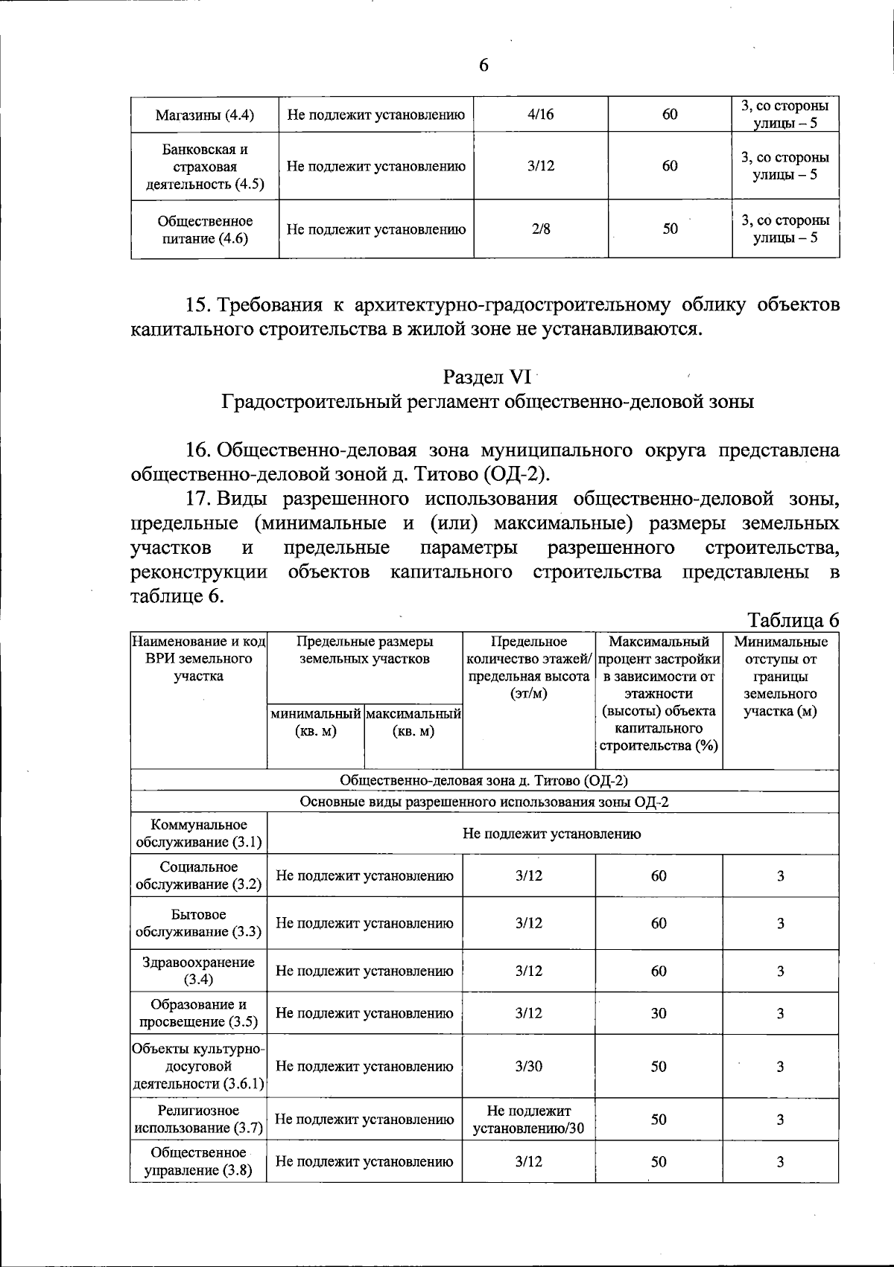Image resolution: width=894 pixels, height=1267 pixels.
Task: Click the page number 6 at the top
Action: [484, 66]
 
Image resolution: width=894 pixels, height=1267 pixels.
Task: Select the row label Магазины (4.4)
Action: [205, 115]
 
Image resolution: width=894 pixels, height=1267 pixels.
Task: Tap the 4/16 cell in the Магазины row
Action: [540, 115]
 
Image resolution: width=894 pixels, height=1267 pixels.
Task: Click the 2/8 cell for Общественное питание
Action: [541, 229]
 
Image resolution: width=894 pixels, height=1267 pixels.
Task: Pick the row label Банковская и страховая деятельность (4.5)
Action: [205, 166]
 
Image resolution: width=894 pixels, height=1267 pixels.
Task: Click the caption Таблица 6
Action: [793, 620]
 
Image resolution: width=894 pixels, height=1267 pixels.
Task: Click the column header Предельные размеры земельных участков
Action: [365, 650]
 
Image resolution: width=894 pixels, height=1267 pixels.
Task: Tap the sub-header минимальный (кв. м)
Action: [316, 722]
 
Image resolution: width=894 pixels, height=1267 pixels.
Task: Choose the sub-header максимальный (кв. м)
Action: [413, 722]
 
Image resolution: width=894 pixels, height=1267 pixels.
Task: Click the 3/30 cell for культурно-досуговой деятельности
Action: [529, 1066]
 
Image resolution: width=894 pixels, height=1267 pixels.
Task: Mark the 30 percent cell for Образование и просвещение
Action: [659, 1013]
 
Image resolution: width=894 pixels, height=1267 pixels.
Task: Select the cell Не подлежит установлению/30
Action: [529, 1120]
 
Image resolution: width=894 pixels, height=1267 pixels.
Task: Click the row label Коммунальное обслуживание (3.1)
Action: [198, 833]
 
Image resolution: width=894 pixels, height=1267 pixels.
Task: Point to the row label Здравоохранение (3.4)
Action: [198, 971]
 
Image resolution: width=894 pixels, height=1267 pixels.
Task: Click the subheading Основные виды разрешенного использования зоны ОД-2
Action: [484, 802]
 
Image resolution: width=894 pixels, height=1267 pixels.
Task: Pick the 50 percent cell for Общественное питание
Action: [670, 229]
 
